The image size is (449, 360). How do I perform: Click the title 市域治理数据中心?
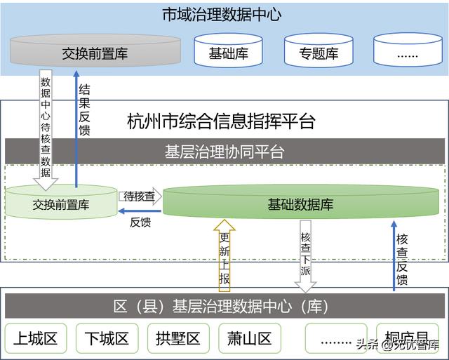click(x=222, y=14)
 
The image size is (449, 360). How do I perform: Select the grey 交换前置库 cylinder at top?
click(x=95, y=52)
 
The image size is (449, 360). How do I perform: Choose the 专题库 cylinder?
click(x=319, y=53)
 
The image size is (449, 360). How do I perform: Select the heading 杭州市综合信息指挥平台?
click(x=222, y=121)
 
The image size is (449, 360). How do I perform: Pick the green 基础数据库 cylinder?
click(x=300, y=204)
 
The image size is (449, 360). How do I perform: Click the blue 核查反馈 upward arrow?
click(x=394, y=256)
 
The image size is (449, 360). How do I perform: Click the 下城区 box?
click(x=107, y=340)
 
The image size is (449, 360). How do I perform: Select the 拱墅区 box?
click(x=178, y=340)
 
